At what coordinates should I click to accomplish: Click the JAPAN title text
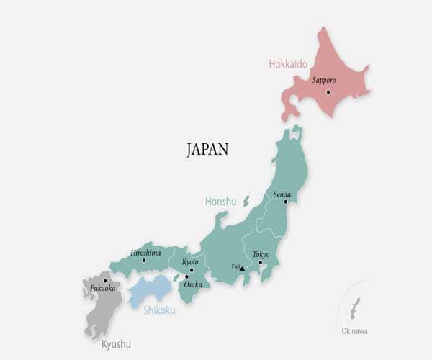click(x=207, y=150)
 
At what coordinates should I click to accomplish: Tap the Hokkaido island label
click(x=288, y=64)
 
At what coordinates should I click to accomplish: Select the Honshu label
click(x=220, y=202)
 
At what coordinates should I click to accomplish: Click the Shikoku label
click(x=158, y=310)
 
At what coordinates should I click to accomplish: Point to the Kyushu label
click(x=116, y=344)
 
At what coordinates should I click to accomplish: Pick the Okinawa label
click(x=354, y=331)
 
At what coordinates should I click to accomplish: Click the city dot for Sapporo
click(x=328, y=92)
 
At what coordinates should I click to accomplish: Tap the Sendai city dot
click(x=286, y=202)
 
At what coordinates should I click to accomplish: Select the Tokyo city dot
click(x=261, y=262)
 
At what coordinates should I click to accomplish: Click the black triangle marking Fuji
click(x=242, y=268)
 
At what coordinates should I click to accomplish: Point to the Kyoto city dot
click(x=192, y=270)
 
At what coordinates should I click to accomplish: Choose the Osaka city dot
click(x=186, y=276)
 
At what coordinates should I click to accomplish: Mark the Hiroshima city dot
click(x=144, y=260)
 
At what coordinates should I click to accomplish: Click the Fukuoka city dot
click(x=105, y=280)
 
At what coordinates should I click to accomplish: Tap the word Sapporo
click(x=325, y=81)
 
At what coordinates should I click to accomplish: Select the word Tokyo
click(x=261, y=254)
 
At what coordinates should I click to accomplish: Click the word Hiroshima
click(x=145, y=252)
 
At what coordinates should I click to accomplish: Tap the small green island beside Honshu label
click(x=246, y=201)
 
